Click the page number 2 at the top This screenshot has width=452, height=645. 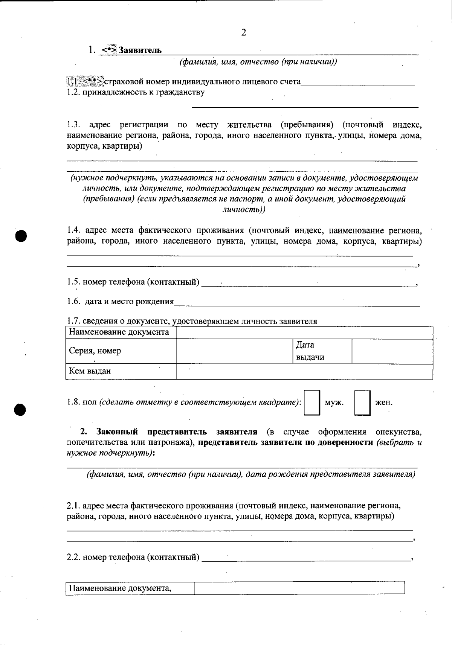[x=243, y=33]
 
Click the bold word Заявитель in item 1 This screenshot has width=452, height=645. [x=140, y=50]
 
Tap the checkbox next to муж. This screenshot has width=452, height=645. [x=312, y=403]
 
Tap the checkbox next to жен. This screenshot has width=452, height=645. [x=362, y=403]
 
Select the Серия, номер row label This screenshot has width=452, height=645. [x=95, y=351]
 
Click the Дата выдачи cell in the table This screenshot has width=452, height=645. [x=322, y=351]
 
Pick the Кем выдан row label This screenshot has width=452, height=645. [x=90, y=371]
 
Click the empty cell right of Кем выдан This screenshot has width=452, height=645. [x=304, y=371]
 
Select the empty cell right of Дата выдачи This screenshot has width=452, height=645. [x=392, y=351]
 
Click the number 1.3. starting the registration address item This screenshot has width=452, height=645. [x=74, y=125]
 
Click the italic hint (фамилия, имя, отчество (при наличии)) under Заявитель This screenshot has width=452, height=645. [x=258, y=62]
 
